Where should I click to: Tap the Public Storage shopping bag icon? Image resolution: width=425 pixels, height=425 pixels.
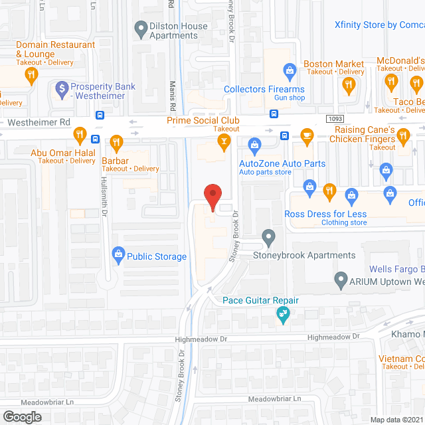(x=118, y=253)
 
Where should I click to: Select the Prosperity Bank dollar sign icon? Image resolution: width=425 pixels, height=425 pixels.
(x=62, y=88)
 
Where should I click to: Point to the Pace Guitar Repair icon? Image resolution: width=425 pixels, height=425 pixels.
(x=284, y=314)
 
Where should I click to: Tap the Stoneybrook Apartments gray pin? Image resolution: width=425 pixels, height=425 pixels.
(x=268, y=236)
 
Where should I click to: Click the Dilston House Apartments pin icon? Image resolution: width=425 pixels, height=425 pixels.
(x=140, y=29)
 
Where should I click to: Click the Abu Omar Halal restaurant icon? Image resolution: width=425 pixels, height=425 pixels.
(x=80, y=135)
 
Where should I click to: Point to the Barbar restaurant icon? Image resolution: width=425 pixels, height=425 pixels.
(x=117, y=143)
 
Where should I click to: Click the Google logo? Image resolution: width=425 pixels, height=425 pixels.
(x=22, y=416)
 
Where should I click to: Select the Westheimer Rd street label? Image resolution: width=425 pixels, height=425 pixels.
(x=39, y=123)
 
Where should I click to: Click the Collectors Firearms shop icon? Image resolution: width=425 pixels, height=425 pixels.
(x=290, y=70)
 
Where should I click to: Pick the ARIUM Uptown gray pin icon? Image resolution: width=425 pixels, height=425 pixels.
(x=341, y=280)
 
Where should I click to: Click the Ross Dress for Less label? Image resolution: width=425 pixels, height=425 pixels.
(x=325, y=214)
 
